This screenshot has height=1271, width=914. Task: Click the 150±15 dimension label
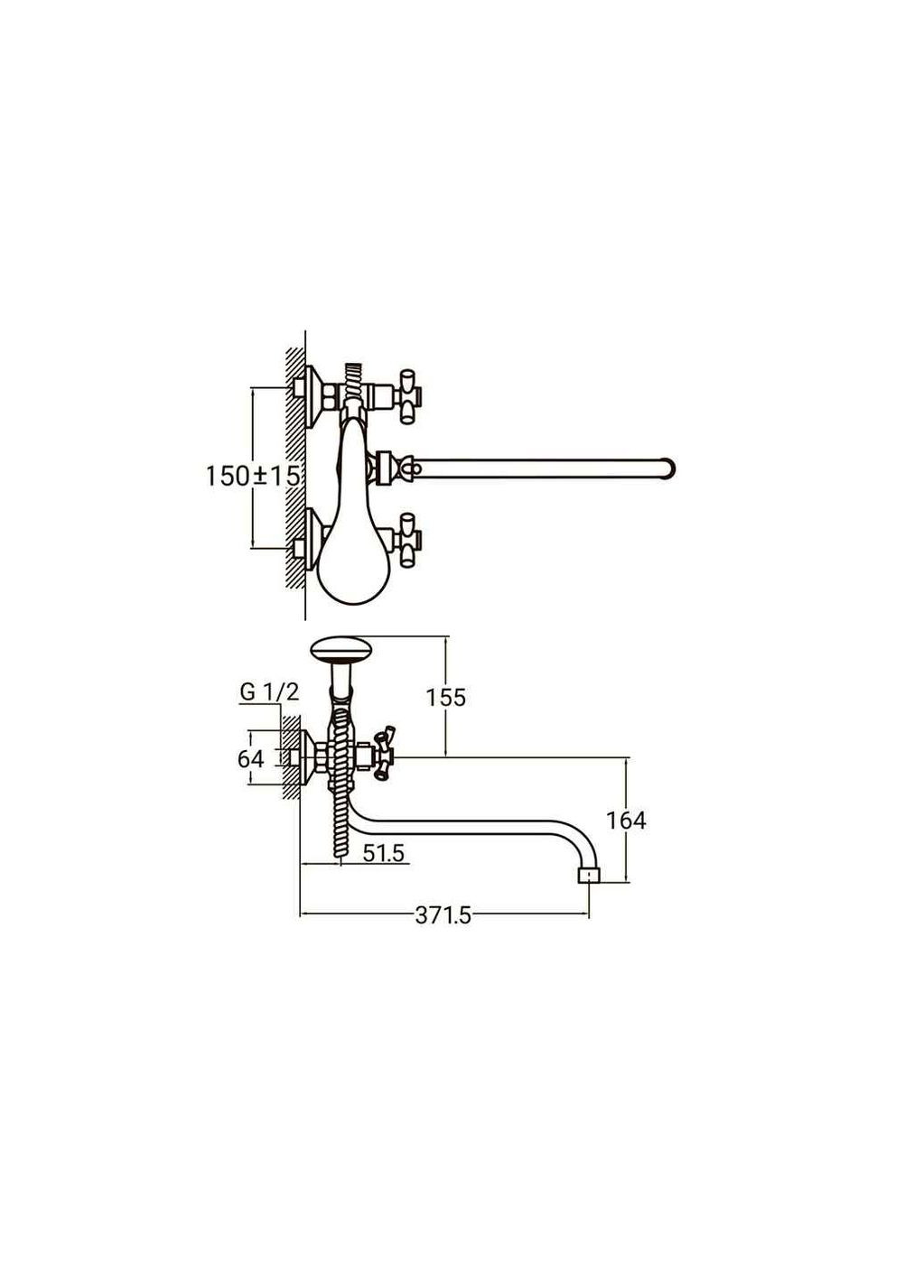(253, 476)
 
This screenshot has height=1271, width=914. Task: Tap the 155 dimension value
(445, 698)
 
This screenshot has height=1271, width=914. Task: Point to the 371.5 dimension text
(443, 915)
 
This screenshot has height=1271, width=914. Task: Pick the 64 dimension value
(251, 758)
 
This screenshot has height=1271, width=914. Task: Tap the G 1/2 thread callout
(269, 691)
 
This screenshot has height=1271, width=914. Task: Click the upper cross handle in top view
(408, 398)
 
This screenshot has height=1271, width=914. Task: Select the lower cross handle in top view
(408, 540)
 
